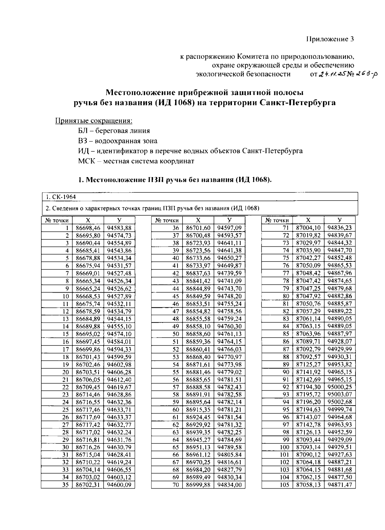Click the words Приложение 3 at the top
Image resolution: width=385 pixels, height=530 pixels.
coord(329,39)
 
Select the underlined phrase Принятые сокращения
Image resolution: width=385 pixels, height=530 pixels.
coord(94,121)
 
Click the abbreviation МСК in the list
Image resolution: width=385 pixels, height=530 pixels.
coord(86,161)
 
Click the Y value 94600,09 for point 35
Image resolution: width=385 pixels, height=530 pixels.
coord(119,485)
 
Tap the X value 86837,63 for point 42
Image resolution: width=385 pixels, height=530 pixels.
coord(198,273)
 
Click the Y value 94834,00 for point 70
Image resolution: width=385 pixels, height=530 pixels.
coord(229,485)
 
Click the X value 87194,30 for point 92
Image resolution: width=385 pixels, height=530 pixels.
coord(308,387)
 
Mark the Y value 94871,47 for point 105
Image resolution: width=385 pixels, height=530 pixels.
coord(339,485)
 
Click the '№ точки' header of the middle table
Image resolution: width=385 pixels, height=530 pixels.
coord(167,220)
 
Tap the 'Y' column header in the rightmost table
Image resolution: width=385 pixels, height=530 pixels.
coord(339,220)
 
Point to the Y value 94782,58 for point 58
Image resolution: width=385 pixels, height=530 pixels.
coord(229,394)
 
